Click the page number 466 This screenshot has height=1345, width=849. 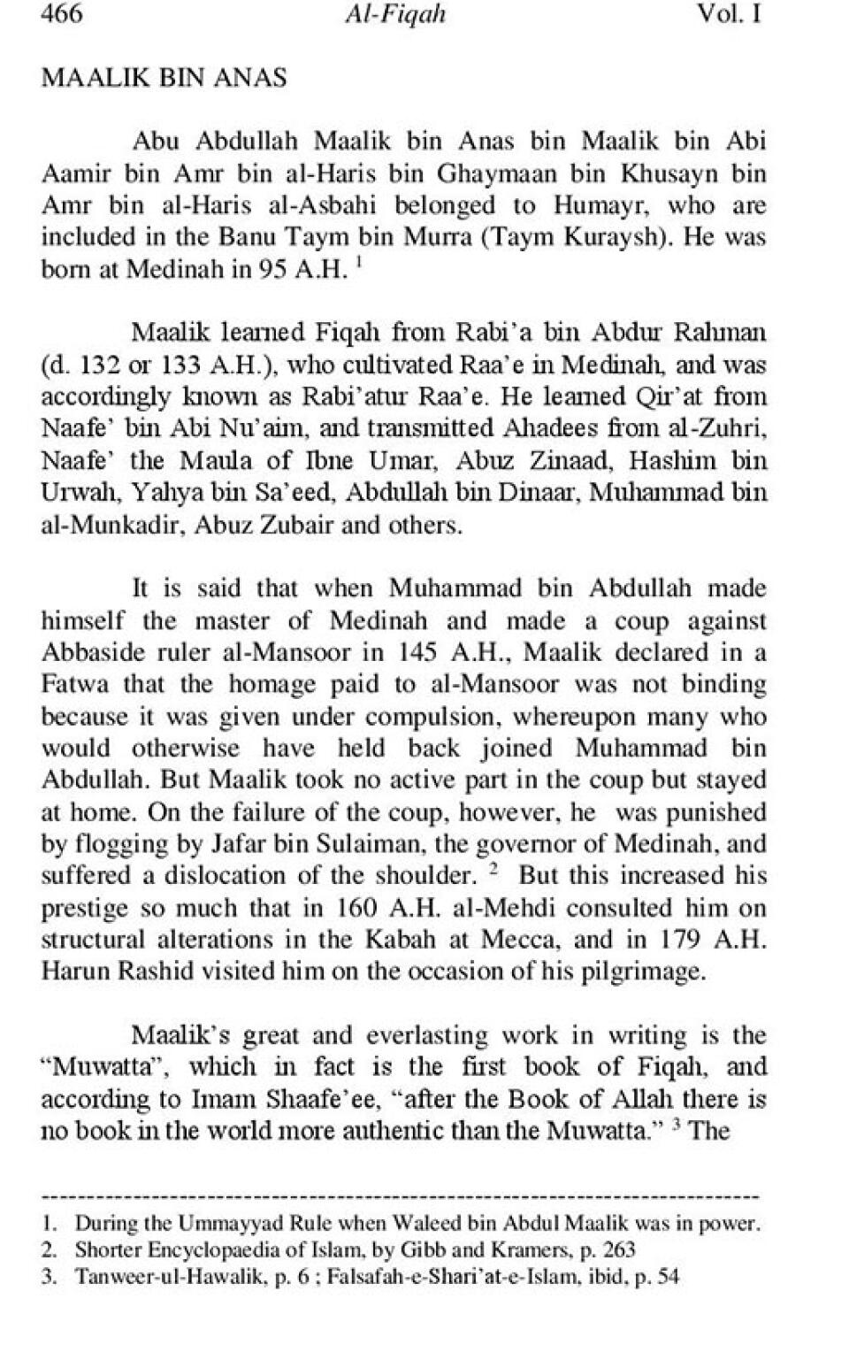tap(62, 15)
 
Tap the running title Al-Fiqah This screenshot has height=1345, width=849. tap(397, 15)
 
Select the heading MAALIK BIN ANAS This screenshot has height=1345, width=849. tap(164, 78)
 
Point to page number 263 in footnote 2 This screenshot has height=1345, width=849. tap(617, 1250)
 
